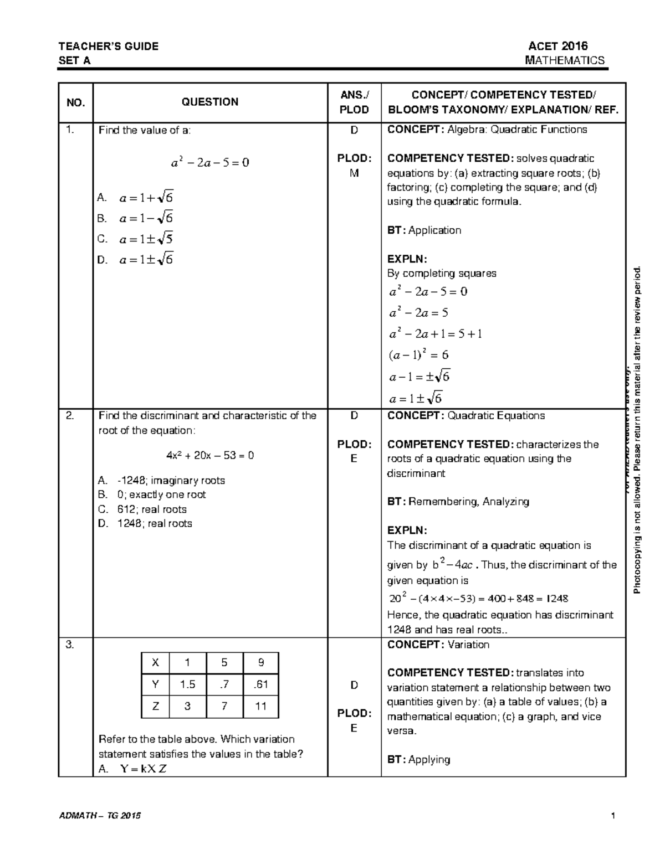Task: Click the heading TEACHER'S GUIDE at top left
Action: click(x=109, y=47)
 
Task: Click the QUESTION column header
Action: click(x=210, y=102)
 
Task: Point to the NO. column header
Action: click(x=75, y=102)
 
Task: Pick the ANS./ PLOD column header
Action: click(x=354, y=102)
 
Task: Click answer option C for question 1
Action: click(x=136, y=239)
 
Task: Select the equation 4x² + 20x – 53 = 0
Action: click(x=210, y=456)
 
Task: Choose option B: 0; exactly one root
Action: click(x=152, y=495)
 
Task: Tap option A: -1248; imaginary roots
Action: click(x=161, y=480)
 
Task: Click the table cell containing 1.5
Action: click(x=187, y=684)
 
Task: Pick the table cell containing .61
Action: click(x=260, y=684)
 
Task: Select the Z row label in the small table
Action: click(x=156, y=706)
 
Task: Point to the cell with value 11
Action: click(x=260, y=706)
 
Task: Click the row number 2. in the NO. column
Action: click(x=69, y=416)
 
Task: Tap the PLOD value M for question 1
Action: click(x=354, y=173)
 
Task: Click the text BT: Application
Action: click(x=424, y=230)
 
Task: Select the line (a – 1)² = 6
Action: click(x=418, y=355)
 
